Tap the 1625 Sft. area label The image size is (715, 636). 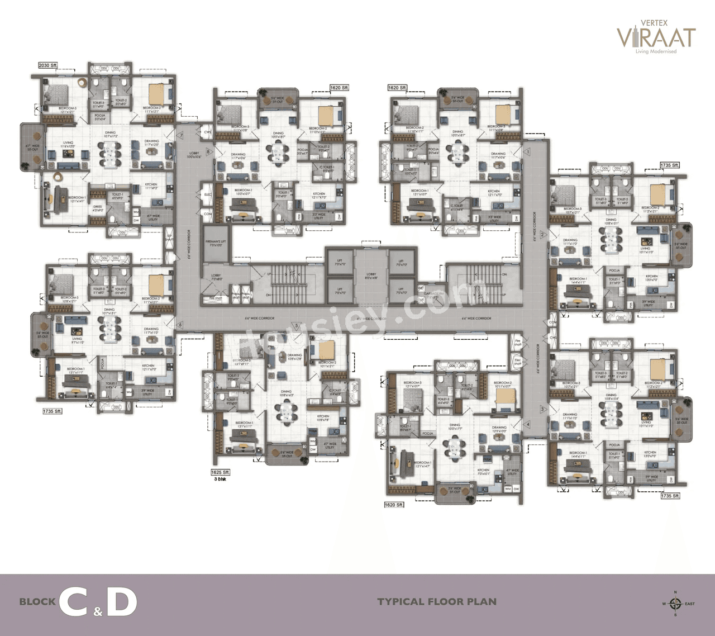coord(220,472)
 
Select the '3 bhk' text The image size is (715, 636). coord(219,480)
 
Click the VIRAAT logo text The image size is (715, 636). coord(656,37)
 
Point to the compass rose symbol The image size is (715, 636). coord(675,604)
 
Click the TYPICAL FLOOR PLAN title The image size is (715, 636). coord(436,602)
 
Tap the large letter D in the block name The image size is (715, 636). coord(122,602)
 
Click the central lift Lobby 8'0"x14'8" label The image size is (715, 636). coord(370,276)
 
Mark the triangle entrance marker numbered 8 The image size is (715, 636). coord(208,151)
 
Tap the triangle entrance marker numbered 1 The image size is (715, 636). coord(527,151)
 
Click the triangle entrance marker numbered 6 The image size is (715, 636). coord(180,324)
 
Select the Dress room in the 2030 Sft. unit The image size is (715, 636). coord(98,208)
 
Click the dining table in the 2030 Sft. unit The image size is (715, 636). coord(109,152)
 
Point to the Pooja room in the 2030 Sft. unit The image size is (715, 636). coord(100,117)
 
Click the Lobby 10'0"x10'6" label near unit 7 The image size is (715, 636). coord(194,155)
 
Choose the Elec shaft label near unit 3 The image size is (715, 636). coord(517,361)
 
